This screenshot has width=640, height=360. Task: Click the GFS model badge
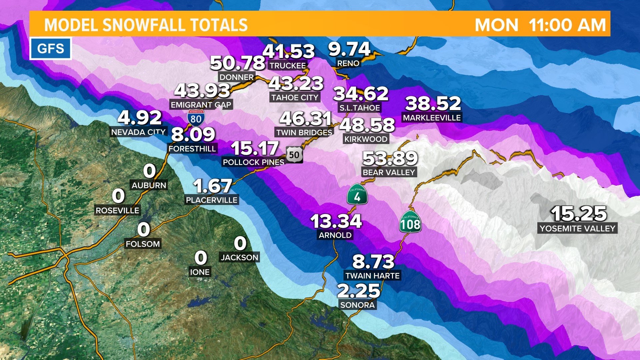tap(51, 49)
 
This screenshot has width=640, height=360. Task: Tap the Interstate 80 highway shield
tap(196, 118)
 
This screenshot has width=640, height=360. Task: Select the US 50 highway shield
tap(294, 155)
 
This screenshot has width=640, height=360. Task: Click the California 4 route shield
tap(357, 195)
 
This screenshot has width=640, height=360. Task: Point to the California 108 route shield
tap(410, 222)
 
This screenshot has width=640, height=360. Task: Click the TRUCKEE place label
tap(287, 66)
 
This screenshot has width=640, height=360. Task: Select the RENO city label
tap(348, 63)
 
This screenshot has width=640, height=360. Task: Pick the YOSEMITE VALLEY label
tap(577, 229)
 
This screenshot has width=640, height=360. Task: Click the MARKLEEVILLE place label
tap(432, 118)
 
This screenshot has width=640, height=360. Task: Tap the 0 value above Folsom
tap(144, 230)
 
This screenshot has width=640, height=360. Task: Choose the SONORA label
tap(357, 305)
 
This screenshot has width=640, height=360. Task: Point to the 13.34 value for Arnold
tap(336, 221)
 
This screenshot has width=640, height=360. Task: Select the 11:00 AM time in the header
tap(567, 25)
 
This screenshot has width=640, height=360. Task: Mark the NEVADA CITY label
tap(138, 132)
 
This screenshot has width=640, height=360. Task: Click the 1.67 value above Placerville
tap(212, 186)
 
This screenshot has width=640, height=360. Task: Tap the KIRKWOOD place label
tap(366, 139)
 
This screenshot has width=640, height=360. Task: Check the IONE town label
tap(200, 272)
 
